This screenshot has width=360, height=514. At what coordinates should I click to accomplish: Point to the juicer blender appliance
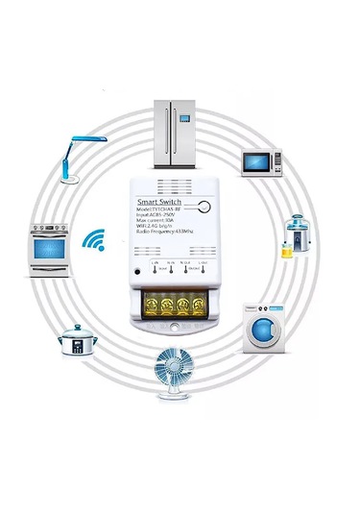(295, 234)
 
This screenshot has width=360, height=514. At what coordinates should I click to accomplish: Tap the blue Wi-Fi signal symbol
(94, 240)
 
